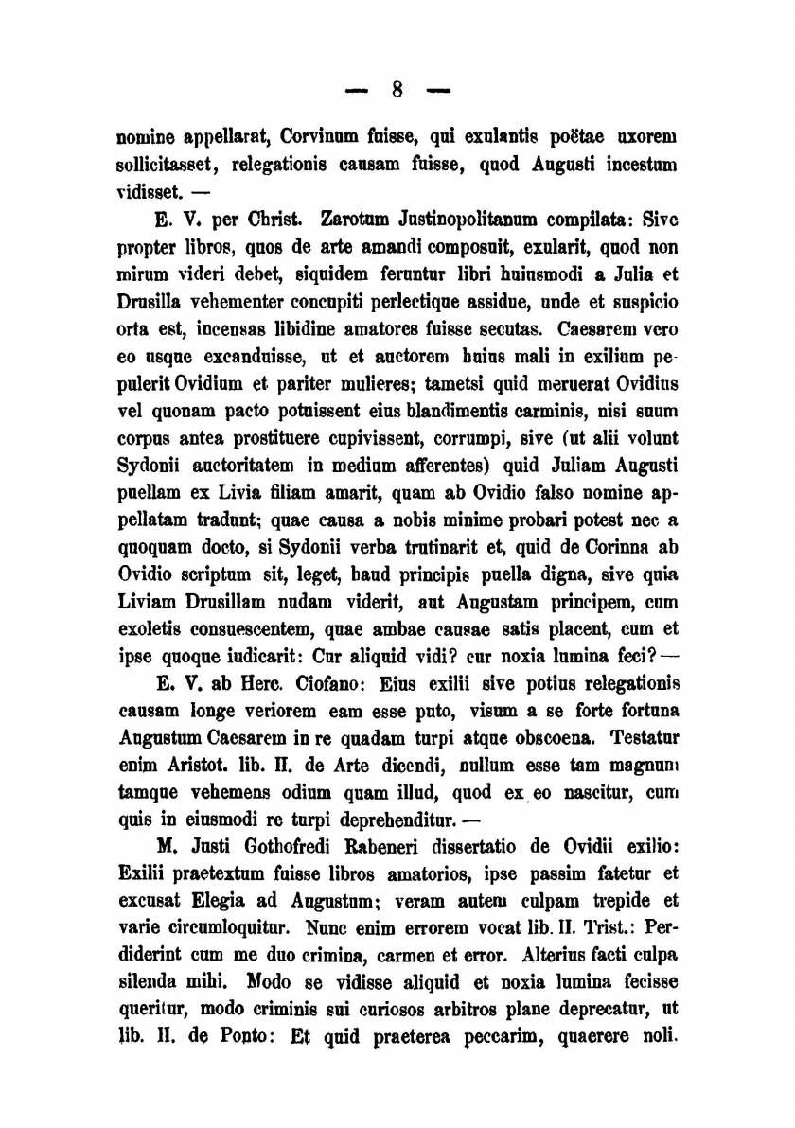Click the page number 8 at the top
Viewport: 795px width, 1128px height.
tap(397, 92)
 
